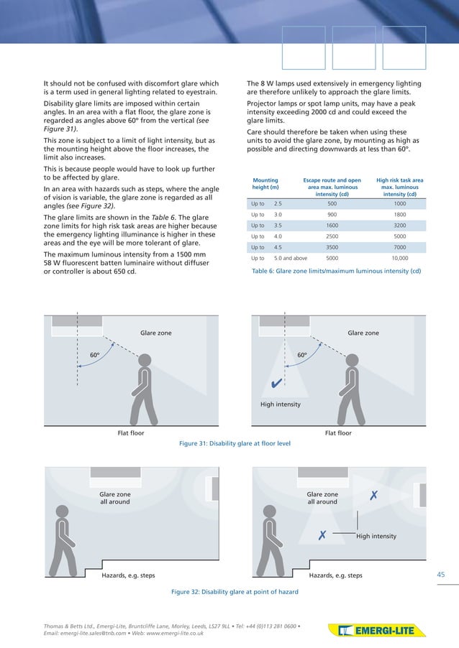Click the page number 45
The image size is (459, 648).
click(x=442, y=574)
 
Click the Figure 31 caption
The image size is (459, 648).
click(x=234, y=444)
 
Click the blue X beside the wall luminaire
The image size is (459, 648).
click(x=373, y=496)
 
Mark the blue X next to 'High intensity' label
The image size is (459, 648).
click(x=323, y=536)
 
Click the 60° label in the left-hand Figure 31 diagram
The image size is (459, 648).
click(x=94, y=355)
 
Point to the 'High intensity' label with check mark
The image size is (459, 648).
click(x=281, y=404)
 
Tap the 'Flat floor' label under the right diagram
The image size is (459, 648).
click(x=338, y=433)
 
